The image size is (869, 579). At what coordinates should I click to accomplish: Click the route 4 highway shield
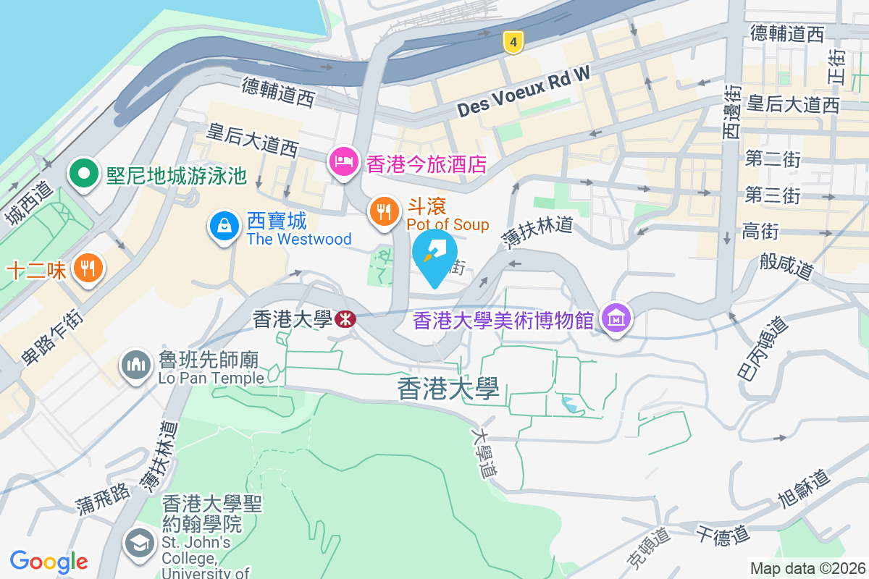pyautogui.click(x=513, y=43)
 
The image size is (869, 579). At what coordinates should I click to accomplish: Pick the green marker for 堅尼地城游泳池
pyautogui.click(x=84, y=174)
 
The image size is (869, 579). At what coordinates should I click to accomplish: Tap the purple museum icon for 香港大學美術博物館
pyautogui.click(x=616, y=318)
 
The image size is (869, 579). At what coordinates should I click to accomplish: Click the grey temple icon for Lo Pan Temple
pyautogui.click(x=135, y=364)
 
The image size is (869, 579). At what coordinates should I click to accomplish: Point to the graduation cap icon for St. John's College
pyautogui.click(x=138, y=544)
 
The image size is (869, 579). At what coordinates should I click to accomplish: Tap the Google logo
pyautogui.click(x=49, y=561)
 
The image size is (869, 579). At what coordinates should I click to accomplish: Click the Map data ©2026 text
pyautogui.click(x=807, y=568)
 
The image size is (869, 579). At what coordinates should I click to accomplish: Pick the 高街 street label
pyautogui.click(x=760, y=232)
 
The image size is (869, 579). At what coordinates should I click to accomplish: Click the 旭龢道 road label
pyautogui.click(x=802, y=491)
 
